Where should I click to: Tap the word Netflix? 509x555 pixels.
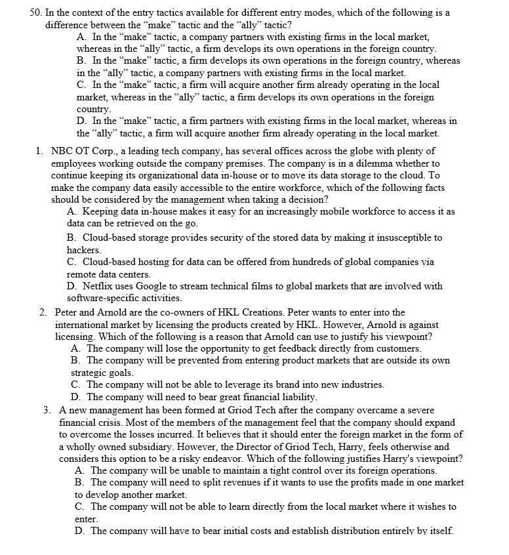click(x=99, y=286)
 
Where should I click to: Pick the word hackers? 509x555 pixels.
click(x=83, y=250)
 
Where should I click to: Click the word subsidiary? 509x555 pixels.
click(x=138, y=446)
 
